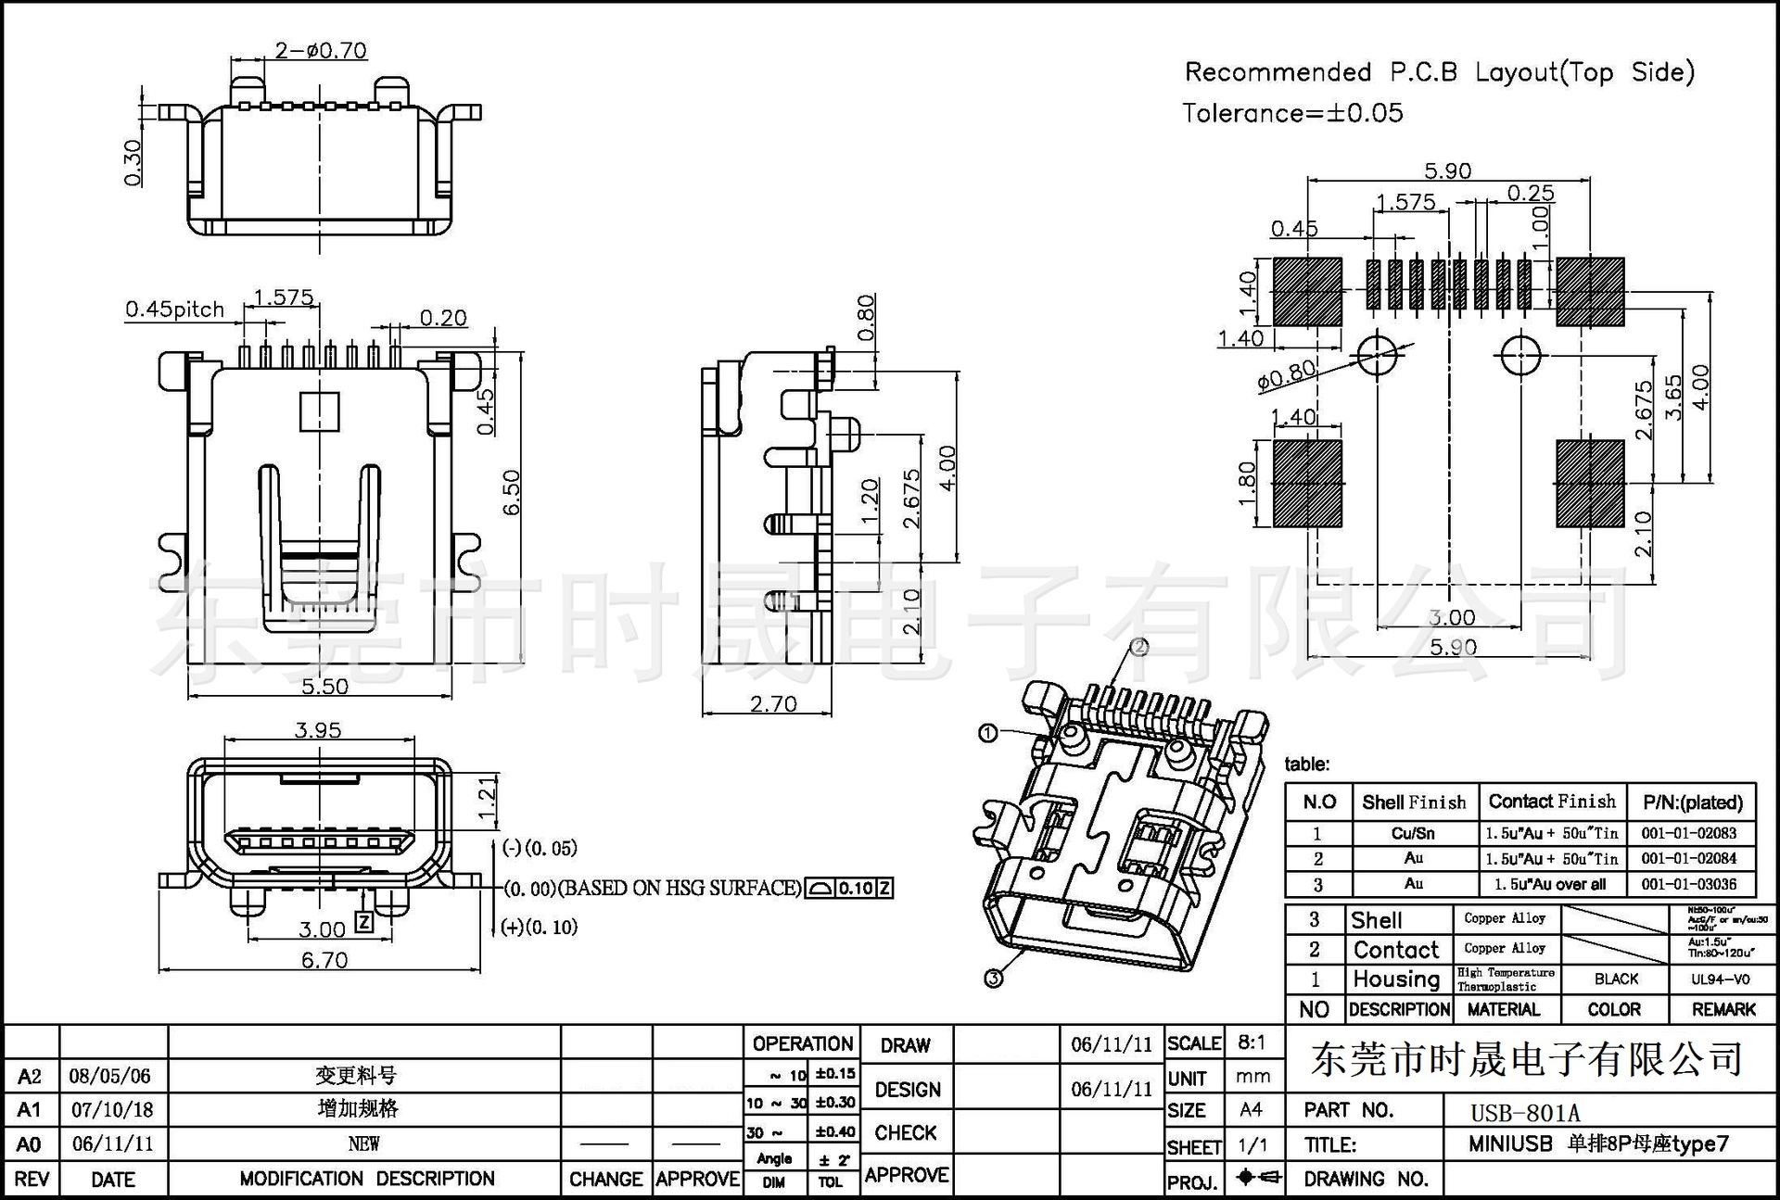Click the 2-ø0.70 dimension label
tap(321, 50)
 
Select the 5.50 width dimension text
tap(324, 687)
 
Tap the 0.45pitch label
tap(174, 309)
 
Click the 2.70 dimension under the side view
tap(773, 704)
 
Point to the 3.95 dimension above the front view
tap(318, 730)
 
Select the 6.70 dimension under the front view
tap(324, 960)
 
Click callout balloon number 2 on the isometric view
tap(1139, 647)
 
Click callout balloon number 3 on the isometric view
tap(993, 979)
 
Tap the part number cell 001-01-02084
tap(1688, 858)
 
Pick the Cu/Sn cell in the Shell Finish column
tap(1413, 833)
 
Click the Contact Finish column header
tap(1552, 802)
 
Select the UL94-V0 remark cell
tap(1720, 979)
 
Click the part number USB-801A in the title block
tap(1525, 1112)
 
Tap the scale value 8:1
tap(1252, 1042)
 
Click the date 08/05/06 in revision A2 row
tap(109, 1076)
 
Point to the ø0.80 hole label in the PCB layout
tap(1287, 374)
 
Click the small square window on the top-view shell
tap(320, 411)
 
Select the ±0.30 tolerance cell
tap(835, 1102)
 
